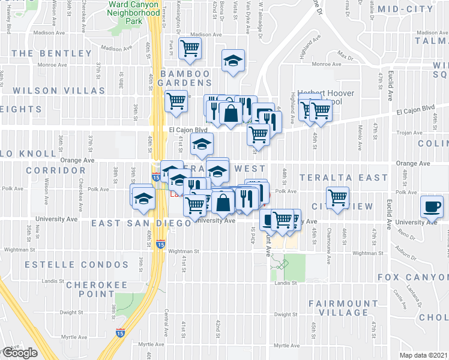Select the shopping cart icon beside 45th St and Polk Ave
(x=338, y=197)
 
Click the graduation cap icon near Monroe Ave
(x=233, y=60)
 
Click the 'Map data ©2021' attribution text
(x=423, y=355)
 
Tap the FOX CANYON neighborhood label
(x=413, y=277)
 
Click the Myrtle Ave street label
(x=152, y=344)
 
